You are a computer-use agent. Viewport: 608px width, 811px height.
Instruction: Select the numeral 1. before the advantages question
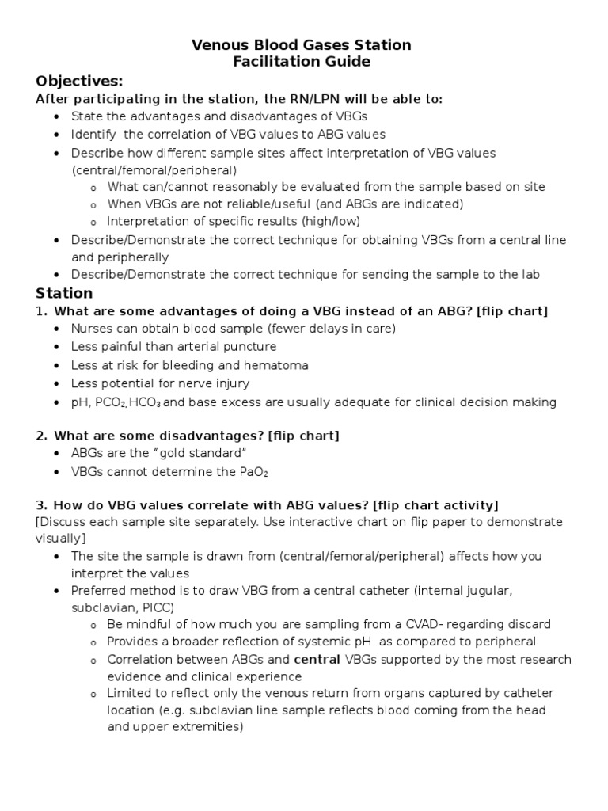coord(41,311)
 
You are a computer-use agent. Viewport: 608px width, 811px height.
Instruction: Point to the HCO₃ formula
coord(146,402)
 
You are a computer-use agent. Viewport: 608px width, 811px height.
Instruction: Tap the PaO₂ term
coord(262,472)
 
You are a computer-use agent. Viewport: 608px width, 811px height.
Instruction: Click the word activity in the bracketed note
coord(467,505)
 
